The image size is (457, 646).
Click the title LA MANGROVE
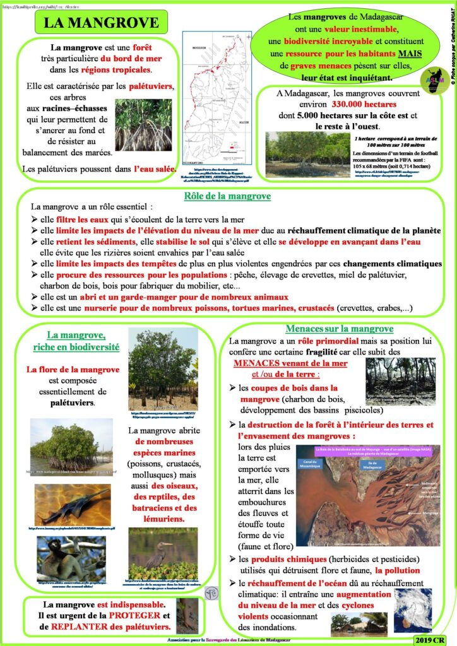[101, 23]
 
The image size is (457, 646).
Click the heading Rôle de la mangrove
[227, 196]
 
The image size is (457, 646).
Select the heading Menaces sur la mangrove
[340, 329]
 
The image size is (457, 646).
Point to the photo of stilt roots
[144, 124]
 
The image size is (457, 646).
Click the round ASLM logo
[431, 80]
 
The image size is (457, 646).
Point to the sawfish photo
[71, 503]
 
